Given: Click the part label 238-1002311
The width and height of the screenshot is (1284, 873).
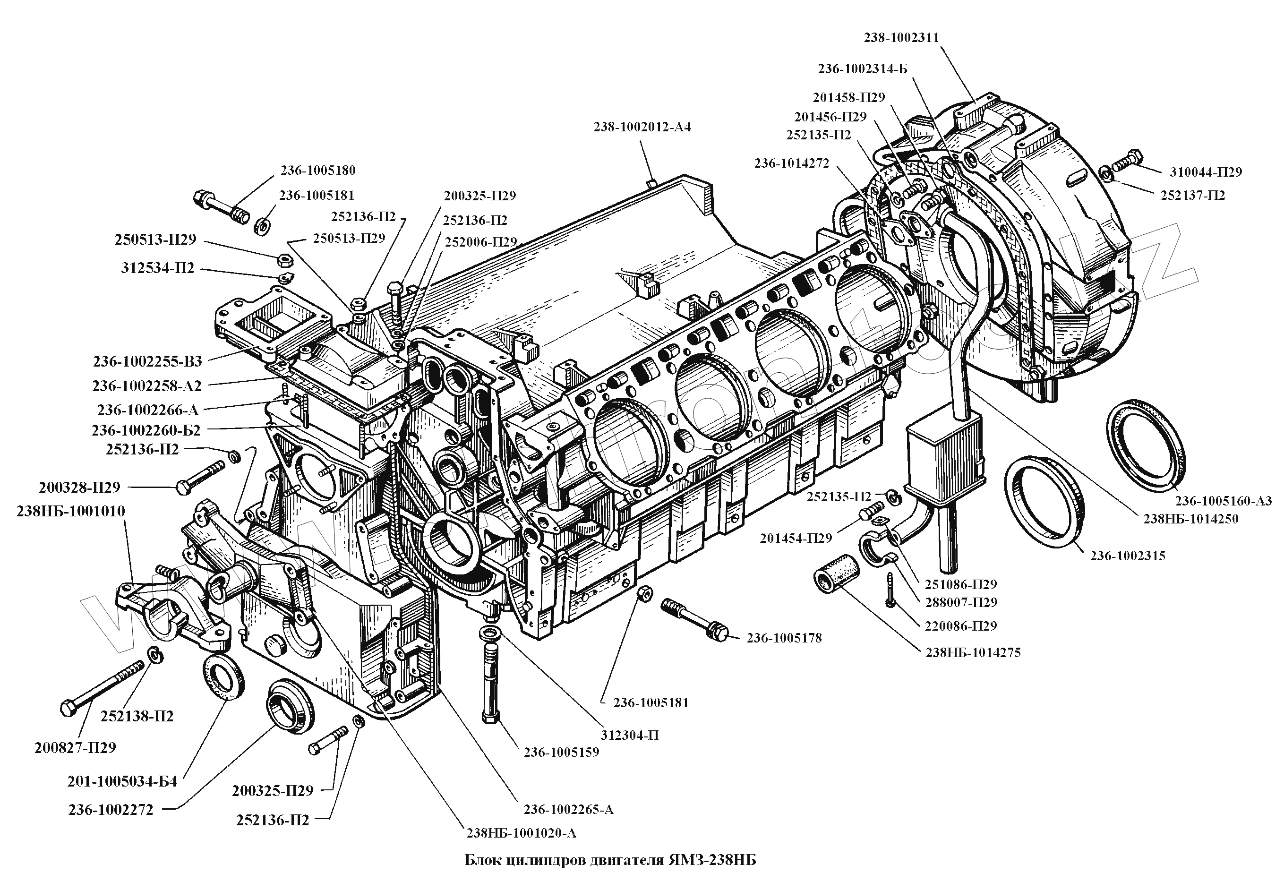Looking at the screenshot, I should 902,38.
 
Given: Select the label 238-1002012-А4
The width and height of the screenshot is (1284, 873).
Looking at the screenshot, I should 642,128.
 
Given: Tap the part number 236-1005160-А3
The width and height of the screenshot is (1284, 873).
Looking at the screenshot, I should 1223,501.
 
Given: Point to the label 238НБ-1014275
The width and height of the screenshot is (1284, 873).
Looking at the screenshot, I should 973,652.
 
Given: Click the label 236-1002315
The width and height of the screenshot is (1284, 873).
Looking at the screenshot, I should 1128,556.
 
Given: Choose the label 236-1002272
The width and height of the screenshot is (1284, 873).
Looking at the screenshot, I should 111,810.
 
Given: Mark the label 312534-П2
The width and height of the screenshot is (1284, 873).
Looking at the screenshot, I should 157,268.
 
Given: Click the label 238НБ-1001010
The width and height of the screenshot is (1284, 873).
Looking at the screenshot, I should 71,511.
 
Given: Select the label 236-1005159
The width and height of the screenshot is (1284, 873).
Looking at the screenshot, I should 561,753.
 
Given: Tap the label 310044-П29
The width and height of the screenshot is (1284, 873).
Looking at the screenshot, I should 1206,172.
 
